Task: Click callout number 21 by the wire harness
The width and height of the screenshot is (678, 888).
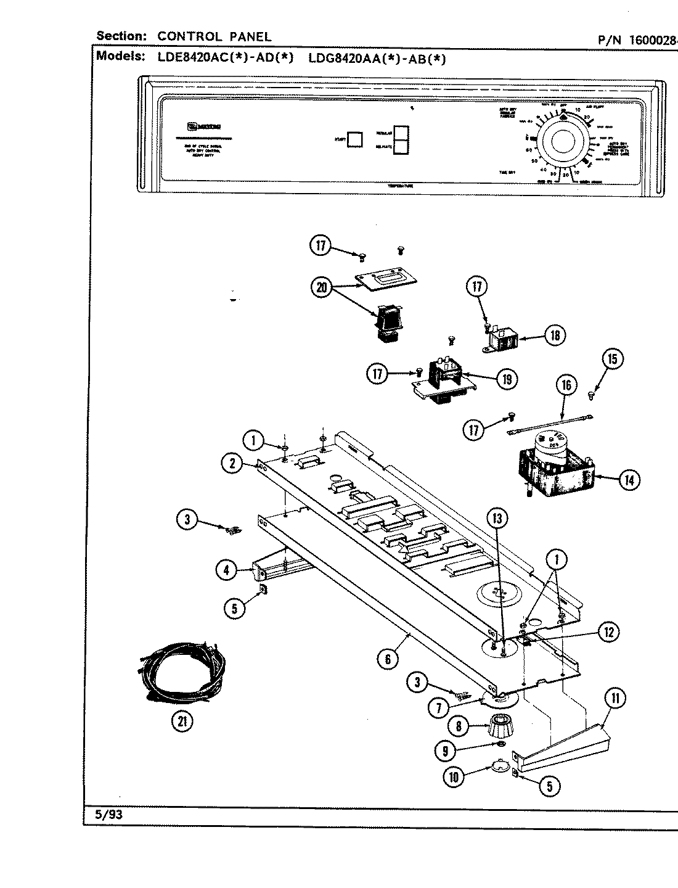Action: point(182,722)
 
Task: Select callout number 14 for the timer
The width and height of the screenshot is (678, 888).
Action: point(628,480)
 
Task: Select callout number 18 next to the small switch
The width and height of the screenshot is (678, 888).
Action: point(554,335)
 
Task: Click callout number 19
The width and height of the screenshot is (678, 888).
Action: point(507,379)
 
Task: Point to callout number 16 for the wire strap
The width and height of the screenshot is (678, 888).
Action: point(566,386)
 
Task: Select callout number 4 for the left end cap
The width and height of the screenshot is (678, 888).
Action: point(227,570)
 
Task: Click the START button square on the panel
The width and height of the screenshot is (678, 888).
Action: point(354,139)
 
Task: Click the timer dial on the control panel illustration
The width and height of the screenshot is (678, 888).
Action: point(562,142)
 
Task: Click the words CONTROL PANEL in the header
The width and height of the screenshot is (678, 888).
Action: point(214,36)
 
